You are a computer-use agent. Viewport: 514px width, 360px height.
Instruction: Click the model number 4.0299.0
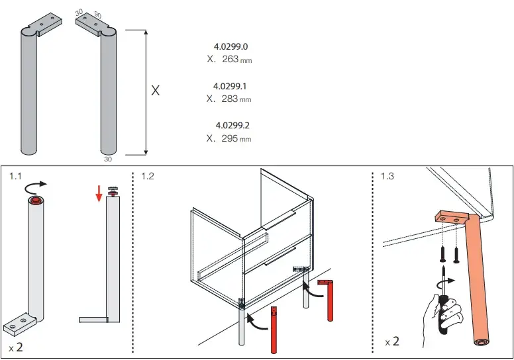[x=231, y=46]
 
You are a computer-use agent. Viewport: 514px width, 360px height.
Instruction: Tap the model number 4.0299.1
[x=230, y=86]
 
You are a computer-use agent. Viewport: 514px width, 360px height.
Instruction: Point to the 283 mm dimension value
[x=236, y=99]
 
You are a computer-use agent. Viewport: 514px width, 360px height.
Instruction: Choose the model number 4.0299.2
[x=232, y=125]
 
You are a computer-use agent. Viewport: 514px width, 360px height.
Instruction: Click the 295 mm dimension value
[x=236, y=138]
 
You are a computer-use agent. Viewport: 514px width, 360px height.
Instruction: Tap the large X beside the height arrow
[x=156, y=91]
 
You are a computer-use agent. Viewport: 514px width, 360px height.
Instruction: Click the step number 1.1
[x=15, y=176]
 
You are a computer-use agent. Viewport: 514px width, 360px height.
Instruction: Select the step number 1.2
[x=148, y=176]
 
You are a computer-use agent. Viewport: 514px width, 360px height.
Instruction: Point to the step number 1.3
[x=387, y=176]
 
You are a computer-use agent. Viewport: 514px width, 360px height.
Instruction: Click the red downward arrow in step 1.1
[x=99, y=194]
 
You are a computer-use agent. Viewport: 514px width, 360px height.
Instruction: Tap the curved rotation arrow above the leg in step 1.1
[x=35, y=186]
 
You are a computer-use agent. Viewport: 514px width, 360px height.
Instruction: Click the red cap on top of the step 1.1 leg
[x=36, y=199]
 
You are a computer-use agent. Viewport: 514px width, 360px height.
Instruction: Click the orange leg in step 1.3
[x=478, y=279]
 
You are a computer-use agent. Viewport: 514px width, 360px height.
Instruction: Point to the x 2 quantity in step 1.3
[x=392, y=341]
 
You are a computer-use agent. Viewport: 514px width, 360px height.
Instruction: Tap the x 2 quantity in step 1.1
[x=16, y=347]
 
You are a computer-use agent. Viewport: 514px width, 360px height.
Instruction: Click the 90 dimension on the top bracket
[x=97, y=15]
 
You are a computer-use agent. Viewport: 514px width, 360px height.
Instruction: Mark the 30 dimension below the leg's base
[x=108, y=159]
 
